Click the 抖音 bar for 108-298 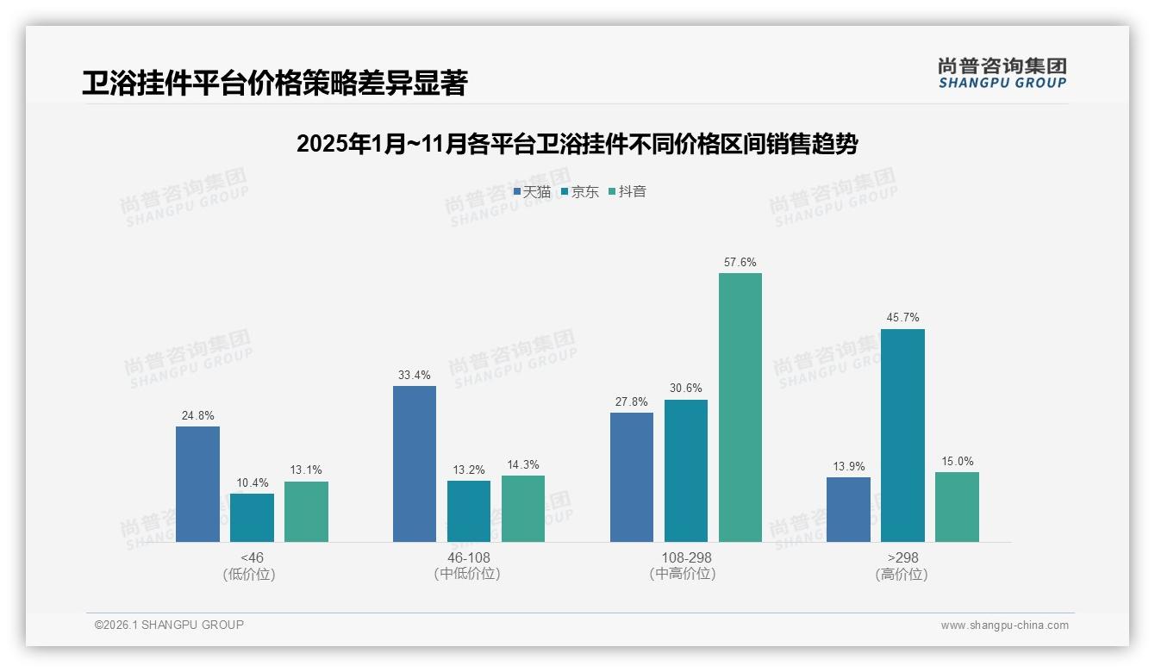tap(740, 408)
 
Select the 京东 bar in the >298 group tap(902, 435)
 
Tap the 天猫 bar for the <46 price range tap(197, 484)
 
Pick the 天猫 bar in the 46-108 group tap(415, 464)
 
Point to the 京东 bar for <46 tap(252, 518)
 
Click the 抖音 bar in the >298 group tap(957, 507)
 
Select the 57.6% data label tap(740, 263)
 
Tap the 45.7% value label tap(902, 318)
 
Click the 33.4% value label tap(415, 376)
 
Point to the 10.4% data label tap(252, 482)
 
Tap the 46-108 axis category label tap(468, 557)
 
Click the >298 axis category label tap(902, 557)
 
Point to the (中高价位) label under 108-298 tap(685, 574)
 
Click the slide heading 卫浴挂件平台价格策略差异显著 tap(274, 84)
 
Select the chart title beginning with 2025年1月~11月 tap(577, 144)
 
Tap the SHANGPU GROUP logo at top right tap(1002, 73)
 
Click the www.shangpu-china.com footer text tap(1004, 625)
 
